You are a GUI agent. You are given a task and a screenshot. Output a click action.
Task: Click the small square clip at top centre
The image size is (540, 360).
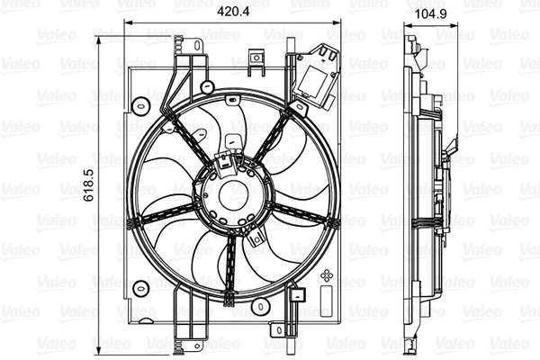pyautogui.click(x=258, y=62)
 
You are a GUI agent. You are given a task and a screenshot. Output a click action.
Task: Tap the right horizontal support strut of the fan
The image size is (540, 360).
pyautogui.click(x=310, y=212)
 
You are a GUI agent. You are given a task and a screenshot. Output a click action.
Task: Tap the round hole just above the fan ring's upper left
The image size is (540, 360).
pyautogui.click(x=208, y=87)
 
